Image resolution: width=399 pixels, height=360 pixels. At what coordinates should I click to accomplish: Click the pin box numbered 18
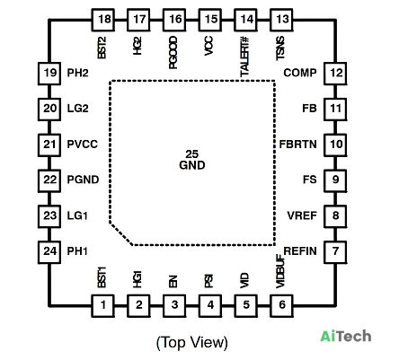tap(102, 20)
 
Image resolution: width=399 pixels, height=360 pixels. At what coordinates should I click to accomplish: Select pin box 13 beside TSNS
tap(281, 20)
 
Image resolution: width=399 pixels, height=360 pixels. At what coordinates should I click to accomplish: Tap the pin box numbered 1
tap(102, 305)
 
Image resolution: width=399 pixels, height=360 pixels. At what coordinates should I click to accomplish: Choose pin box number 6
tap(281, 305)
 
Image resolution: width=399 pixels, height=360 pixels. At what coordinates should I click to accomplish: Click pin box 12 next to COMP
tap(335, 74)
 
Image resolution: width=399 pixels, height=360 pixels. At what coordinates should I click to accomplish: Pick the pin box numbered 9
tap(335, 180)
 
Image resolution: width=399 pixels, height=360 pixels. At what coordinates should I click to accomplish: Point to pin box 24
tap(49, 252)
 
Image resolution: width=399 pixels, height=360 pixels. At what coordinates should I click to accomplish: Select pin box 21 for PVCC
tap(49, 145)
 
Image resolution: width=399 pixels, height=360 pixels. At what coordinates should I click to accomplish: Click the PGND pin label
tap(83, 180)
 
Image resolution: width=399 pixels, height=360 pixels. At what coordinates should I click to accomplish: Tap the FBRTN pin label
tap(297, 145)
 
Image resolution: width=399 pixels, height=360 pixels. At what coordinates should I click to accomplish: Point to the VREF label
tap(302, 215)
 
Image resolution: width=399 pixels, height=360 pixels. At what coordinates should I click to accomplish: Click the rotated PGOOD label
tap(173, 53)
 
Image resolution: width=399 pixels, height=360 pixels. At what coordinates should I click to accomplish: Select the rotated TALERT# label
tap(244, 57)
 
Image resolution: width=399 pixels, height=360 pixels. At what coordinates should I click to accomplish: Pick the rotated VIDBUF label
tap(280, 271)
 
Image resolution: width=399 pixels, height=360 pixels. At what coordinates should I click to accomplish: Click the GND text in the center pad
tap(192, 165)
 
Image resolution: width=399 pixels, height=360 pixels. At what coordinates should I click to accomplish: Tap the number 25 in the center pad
tap(192, 154)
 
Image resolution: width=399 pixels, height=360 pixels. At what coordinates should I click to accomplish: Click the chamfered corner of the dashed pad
tap(121, 234)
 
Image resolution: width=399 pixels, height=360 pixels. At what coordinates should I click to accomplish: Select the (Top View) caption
tap(192, 343)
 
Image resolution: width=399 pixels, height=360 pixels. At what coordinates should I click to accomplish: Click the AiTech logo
tap(346, 336)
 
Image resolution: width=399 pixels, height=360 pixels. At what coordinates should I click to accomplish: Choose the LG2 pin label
tap(77, 109)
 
